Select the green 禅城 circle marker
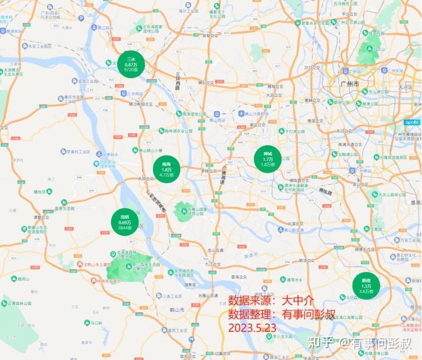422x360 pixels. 268,159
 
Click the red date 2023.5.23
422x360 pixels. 252,328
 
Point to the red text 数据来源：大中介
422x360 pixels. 271,301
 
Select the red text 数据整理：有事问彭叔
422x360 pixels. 282,314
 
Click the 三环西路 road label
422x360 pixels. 177,81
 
